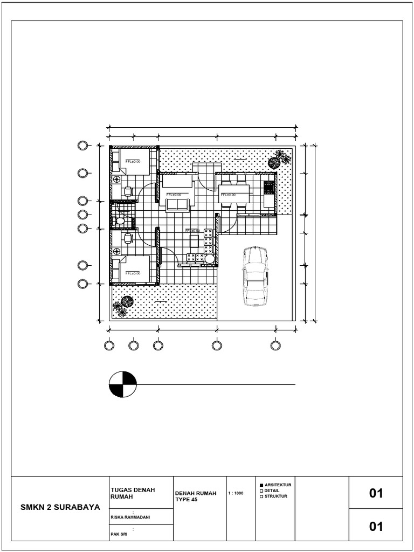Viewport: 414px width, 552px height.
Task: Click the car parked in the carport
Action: [254, 276]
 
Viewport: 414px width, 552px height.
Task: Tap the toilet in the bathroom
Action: [120, 221]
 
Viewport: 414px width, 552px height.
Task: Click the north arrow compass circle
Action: [122, 384]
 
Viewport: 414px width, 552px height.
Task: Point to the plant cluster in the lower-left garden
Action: [124, 306]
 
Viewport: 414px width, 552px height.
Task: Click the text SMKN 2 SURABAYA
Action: [60, 507]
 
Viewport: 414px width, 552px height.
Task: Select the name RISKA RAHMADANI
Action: [130, 517]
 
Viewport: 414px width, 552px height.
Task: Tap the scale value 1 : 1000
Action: [236, 493]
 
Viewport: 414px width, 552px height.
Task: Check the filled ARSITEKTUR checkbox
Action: [261, 485]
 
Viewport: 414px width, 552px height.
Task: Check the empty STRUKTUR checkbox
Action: [261, 496]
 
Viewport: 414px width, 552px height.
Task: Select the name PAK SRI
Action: [118, 535]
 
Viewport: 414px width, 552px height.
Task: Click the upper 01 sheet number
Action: [376, 493]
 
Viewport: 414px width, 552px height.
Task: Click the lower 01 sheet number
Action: [376, 526]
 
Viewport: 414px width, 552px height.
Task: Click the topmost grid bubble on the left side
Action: [82, 146]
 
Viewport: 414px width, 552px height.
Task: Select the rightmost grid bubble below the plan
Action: [275, 345]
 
